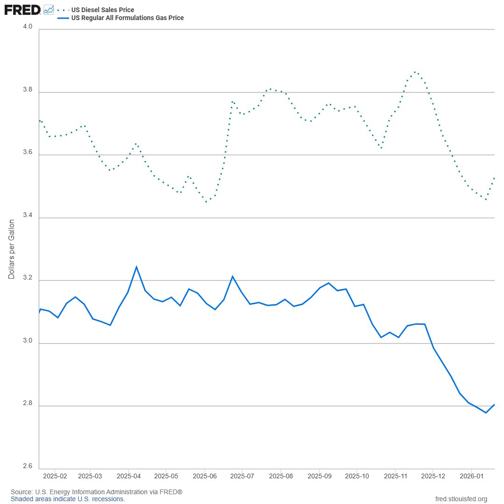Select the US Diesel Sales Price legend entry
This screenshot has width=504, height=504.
(102, 10)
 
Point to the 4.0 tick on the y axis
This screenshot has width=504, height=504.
(28, 27)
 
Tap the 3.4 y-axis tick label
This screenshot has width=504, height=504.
(28, 215)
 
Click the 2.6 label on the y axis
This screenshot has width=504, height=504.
(28, 466)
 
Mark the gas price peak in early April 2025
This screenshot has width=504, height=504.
(136, 267)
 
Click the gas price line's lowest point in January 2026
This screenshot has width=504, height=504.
(486, 413)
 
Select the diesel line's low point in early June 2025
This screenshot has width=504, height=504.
(207, 202)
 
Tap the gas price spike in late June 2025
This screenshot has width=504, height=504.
(232, 276)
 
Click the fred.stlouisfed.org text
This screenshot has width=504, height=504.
(461, 499)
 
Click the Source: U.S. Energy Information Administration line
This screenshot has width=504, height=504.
(96, 492)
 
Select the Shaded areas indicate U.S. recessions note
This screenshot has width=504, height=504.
(68, 499)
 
